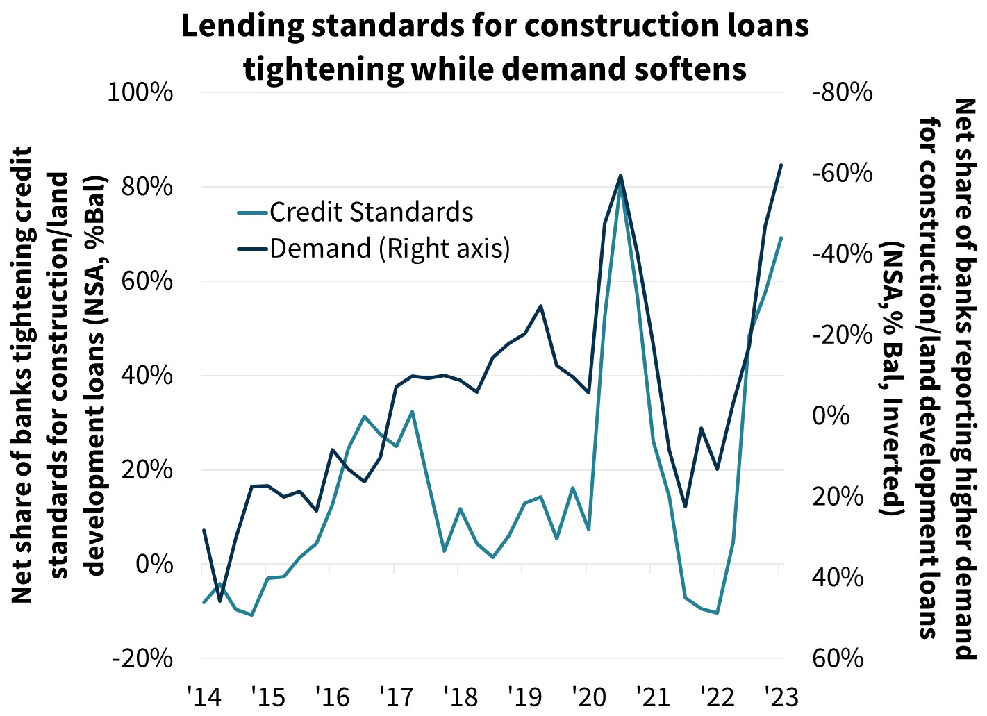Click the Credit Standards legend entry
371,212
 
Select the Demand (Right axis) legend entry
389,248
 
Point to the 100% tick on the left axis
140,92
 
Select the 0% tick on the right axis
830,415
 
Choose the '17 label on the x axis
395,696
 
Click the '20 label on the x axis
587,696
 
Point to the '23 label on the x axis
780,696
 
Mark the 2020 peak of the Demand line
620,176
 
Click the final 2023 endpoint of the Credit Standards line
781,238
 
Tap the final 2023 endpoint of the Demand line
781,165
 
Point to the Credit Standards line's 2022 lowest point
717,613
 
